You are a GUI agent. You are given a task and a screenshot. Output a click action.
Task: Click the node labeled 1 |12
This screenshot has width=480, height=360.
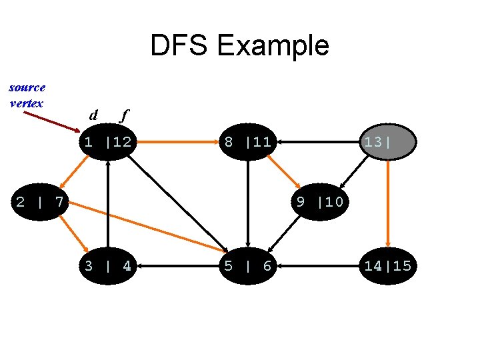click(107, 141)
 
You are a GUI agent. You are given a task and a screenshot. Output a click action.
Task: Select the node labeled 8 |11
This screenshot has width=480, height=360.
click(247, 141)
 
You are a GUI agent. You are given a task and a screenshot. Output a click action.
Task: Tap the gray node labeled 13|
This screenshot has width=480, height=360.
click(388, 141)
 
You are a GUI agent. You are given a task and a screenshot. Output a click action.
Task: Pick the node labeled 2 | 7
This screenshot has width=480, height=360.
click(39, 201)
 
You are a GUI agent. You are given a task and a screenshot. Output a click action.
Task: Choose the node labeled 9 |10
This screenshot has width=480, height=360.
click(319, 201)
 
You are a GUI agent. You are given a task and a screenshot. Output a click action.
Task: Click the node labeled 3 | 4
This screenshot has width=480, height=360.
click(107, 266)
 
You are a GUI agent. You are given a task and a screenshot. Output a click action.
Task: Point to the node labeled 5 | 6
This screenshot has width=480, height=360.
click(247, 266)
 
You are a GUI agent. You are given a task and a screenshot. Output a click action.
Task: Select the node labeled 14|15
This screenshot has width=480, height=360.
click(387, 266)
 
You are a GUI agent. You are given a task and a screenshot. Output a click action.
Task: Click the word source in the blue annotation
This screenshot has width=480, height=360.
click(27, 87)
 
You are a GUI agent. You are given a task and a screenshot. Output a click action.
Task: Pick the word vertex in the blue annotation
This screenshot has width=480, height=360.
click(27, 103)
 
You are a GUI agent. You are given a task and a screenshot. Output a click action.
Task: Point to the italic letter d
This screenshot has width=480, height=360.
click(94, 115)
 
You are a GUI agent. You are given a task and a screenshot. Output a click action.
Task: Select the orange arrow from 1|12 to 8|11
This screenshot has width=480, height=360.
click(177, 141)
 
